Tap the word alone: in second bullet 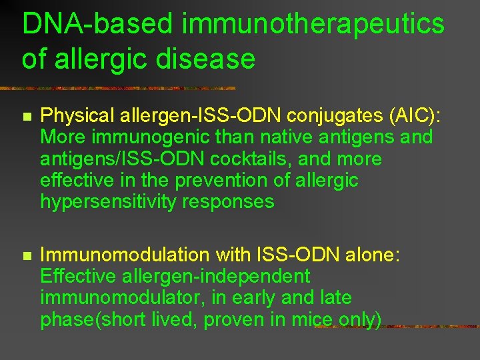coord(370,255)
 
